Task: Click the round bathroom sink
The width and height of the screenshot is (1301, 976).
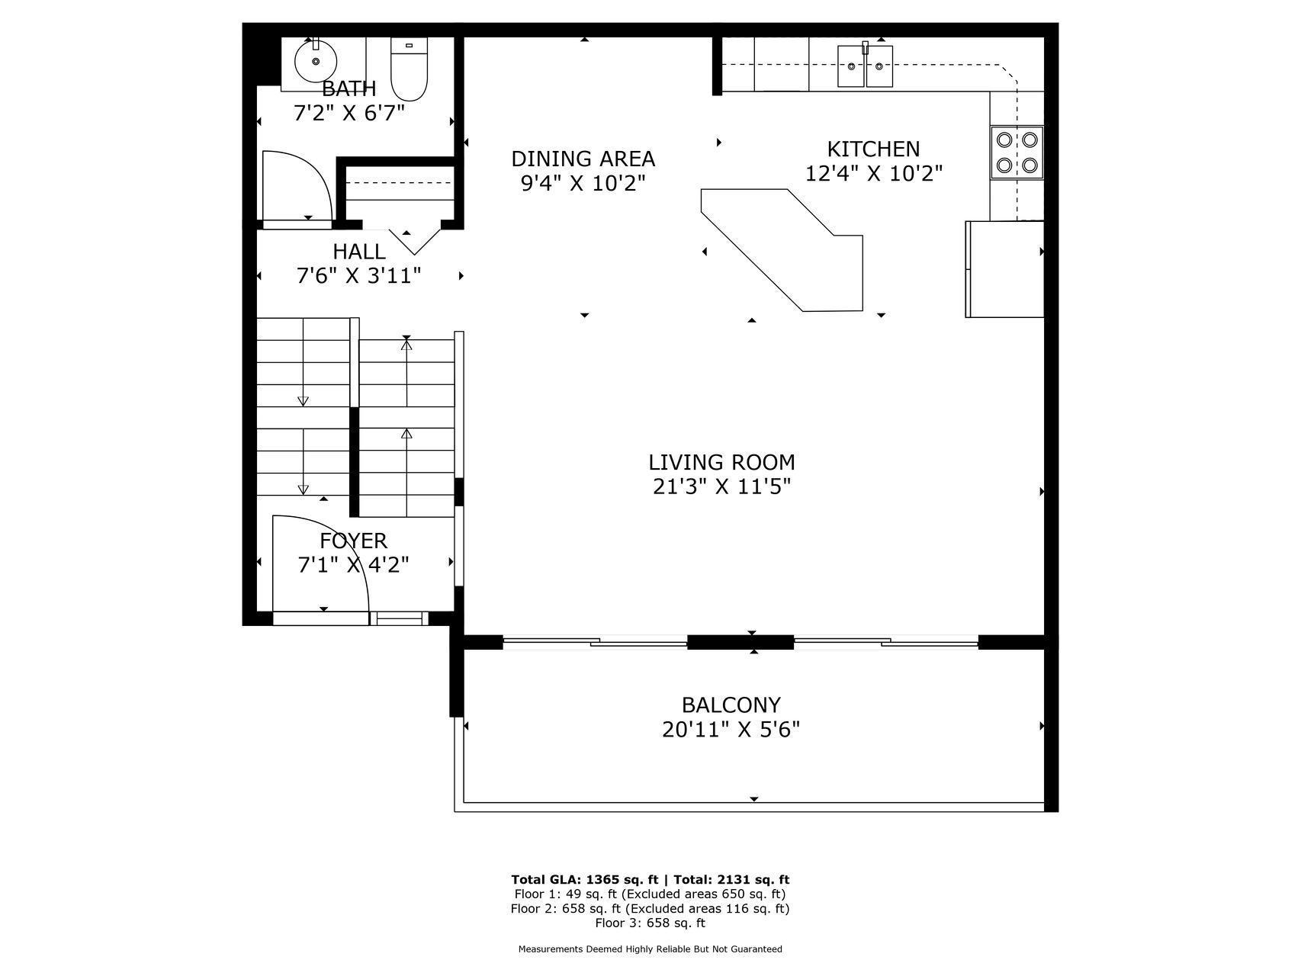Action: pyautogui.click(x=316, y=61)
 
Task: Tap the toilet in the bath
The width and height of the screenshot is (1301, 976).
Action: pyautogui.click(x=410, y=69)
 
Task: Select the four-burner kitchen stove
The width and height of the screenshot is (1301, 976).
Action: pyautogui.click(x=1017, y=152)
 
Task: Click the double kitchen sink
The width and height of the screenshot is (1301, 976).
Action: pyautogui.click(x=866, y=66)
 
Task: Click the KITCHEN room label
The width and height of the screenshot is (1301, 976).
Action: pyautogui.click(x=874, y=149)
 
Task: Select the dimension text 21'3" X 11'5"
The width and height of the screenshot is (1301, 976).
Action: pyautogui.click(x=721, y=486)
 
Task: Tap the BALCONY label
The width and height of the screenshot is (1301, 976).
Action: pyautogui.click(x=731, y=705)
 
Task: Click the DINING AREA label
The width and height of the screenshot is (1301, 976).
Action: pyautogui.click(x=583, y=159)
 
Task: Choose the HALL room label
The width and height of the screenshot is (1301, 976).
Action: pyautogui.click(x=359, y=252)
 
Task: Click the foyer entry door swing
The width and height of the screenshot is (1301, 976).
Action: pyautogui.click(x=321, y=563)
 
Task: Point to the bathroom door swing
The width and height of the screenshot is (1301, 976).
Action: pyautogui.click(x=297, y=186)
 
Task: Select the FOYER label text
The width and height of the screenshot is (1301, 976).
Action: pyautogui.click(x=353, y=541)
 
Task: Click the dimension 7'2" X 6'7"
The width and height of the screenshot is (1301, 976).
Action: pyautogui.click(x=349, y=114)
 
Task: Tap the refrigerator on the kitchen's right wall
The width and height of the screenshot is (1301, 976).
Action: pyautogui.click(x=1005, y=269)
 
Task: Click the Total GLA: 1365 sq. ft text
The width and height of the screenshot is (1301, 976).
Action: pyautogui.click(x=584, y=879)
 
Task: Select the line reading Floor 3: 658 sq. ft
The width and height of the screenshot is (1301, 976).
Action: pyautogui.click(x=650, y=923)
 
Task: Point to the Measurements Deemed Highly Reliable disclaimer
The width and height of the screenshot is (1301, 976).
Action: pyautogui.click(x=650, y=949)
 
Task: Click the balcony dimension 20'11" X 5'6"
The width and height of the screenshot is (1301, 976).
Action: pyautogui.click(x=731, y=730)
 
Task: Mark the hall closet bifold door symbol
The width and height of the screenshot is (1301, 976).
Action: pyautogui.click(x=414, y=241)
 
